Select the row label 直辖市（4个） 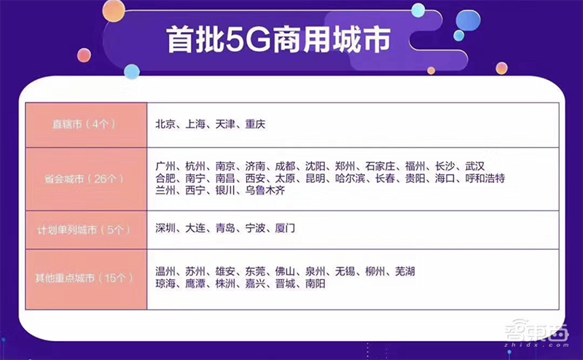(86, 125)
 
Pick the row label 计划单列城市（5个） (87, 230)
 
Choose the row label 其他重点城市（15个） (86, 278)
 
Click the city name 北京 (165, 125)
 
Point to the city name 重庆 (255, 125)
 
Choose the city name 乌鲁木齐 (265, 191)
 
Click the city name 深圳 (165, 229)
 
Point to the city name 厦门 (285, 229)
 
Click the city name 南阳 (316, 284)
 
